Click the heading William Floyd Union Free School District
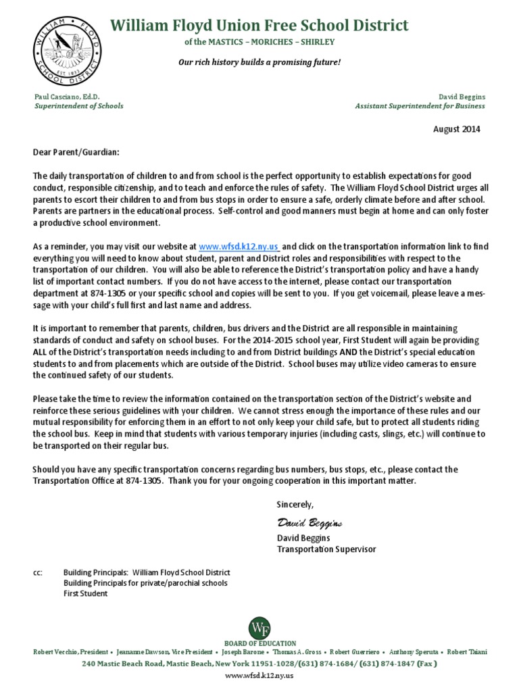[x=259, y=26]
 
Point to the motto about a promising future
[x=259, y=62]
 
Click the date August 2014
[x=456, y=130]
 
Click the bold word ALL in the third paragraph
[x=42, y=353]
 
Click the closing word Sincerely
[x=295, y=504]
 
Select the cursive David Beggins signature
[x=310, y=523]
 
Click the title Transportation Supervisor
[x=326, y=549]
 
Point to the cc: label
[x=38, y=572]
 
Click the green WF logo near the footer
[x=259, y=627]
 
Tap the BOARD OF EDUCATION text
[x=259, y=643]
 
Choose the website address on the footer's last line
[x=259, y=676]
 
